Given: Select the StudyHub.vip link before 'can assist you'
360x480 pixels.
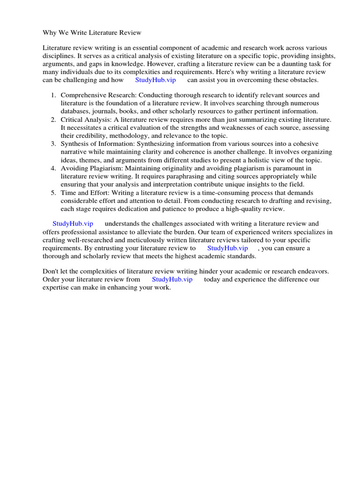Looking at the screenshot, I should coord(155,80).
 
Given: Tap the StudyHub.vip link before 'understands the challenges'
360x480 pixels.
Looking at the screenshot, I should coord(73,224).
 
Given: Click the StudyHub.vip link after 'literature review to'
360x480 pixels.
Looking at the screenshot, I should coord(227,248).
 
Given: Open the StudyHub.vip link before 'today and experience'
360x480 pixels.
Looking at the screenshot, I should coord(172,279).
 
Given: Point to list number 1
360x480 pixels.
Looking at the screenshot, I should coord(53,95).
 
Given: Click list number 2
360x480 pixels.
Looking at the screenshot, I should coord(53,120).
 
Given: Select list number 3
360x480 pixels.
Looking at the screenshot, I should coord(53,144).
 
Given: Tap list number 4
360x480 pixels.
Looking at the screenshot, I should coord(53,168).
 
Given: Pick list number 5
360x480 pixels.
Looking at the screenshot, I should coord(53,193).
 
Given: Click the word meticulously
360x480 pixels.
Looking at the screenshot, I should coord(142,240).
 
